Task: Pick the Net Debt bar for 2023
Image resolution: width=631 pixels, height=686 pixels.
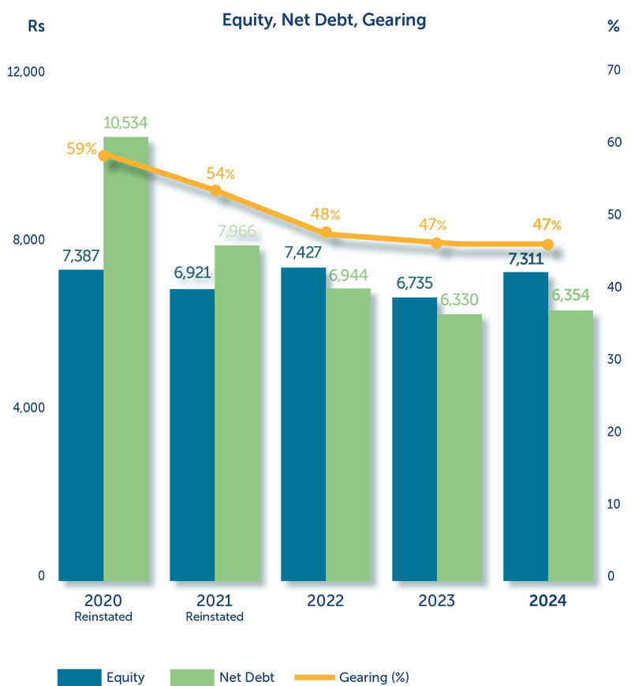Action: click(460, 447)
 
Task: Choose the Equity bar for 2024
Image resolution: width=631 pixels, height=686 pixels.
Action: click(526, 426)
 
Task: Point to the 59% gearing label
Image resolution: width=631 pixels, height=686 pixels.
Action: click(81, 148)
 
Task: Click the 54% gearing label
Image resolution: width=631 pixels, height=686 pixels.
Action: click(220, 174)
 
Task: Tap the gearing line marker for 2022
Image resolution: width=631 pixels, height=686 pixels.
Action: click(326, 232)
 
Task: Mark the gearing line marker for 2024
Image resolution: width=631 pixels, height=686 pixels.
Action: click(548, 245)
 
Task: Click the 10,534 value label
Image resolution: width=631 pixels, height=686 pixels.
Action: click(126, 122)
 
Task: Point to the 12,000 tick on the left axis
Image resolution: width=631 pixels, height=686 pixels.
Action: click(27, 72)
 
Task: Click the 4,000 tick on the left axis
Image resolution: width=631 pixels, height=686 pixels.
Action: click(29, 407)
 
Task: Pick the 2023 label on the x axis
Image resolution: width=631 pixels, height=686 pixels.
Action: click(437, 601)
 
